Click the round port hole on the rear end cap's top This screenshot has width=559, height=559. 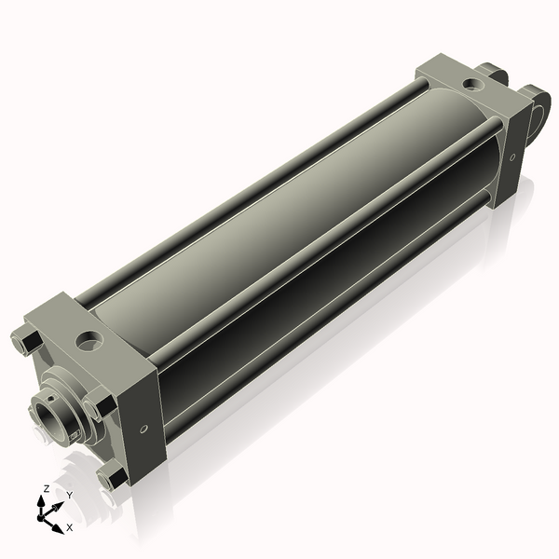(x=474, y=85)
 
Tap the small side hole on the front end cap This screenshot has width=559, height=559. (x=143, y=429)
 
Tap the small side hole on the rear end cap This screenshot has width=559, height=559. (x=511, y=157)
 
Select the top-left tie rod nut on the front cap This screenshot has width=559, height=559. (x=24, y=341)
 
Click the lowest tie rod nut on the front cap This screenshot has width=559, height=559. (x=115, y=478)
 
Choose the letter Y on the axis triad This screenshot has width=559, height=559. (x=69, y=494)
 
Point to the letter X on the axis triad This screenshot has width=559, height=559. (x=69, y=527)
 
